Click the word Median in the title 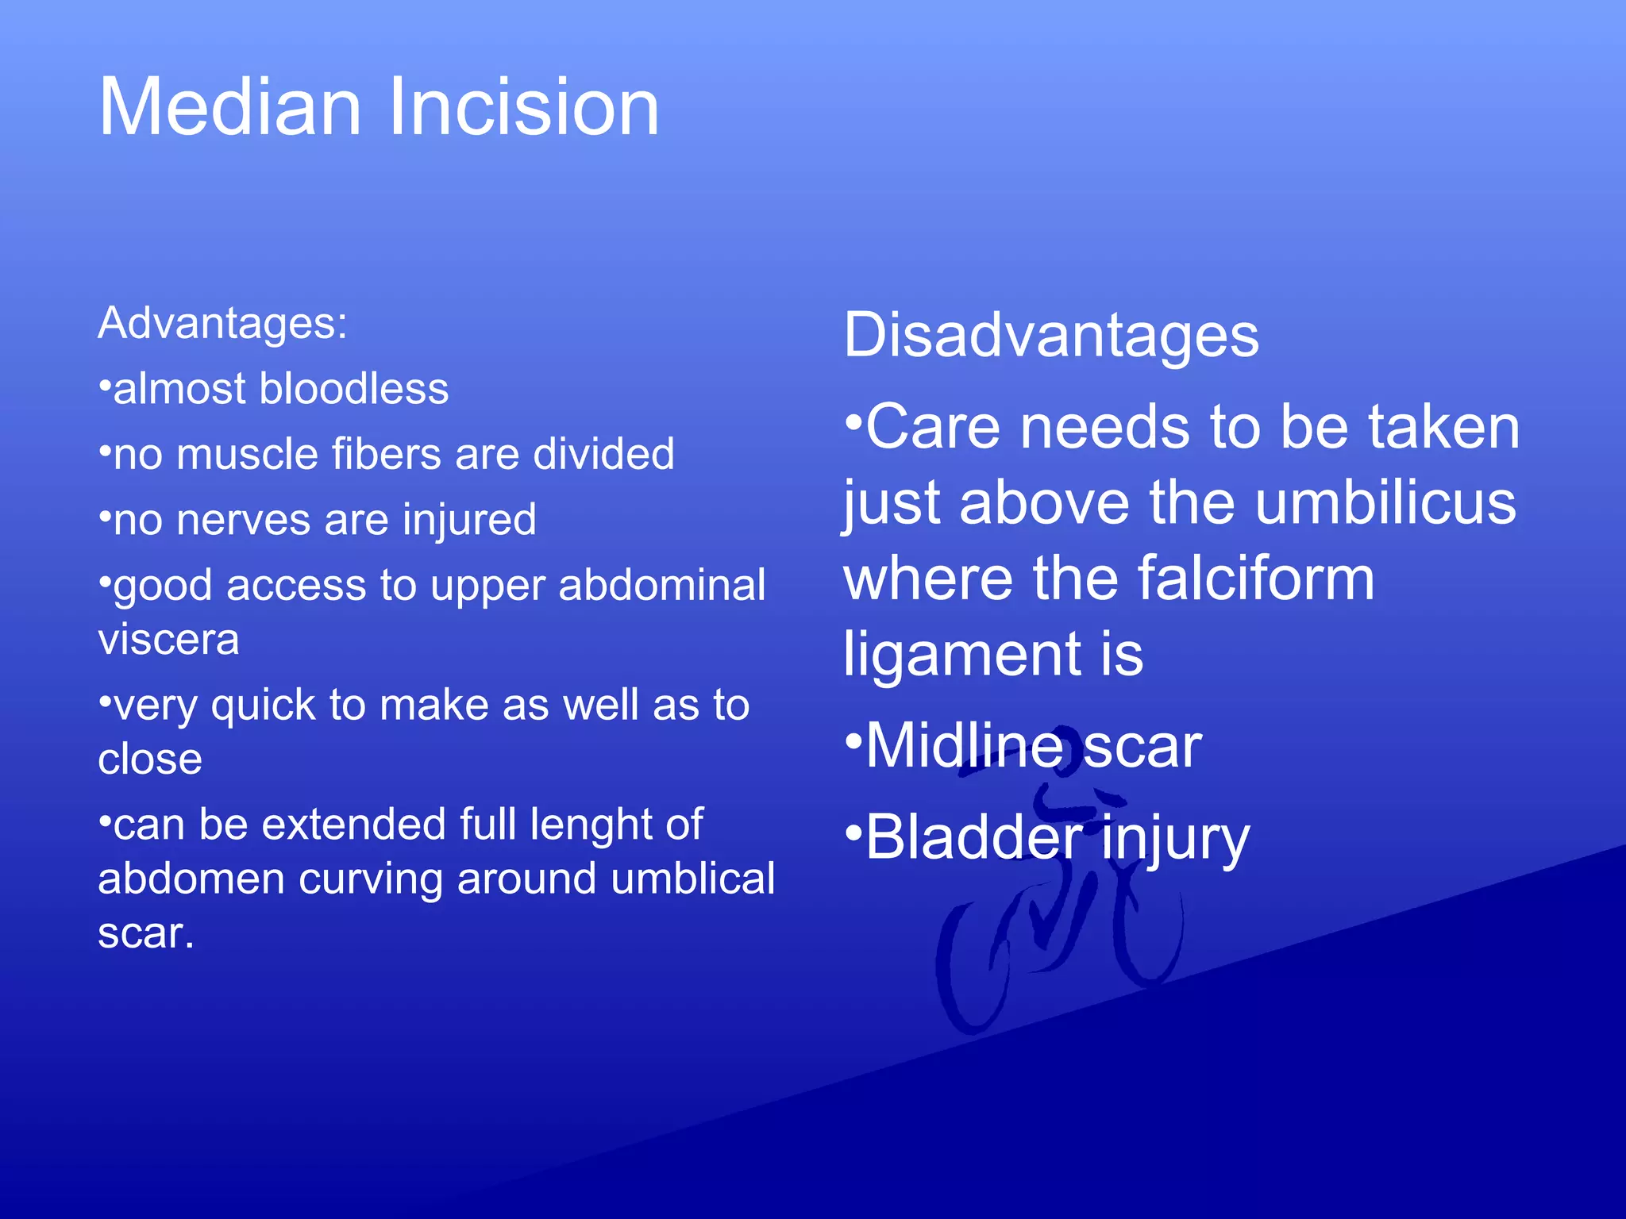point(230,107)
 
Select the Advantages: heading point(222,323)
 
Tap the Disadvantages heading point(1050,335)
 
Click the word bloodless point(354,389)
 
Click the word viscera point(168,640)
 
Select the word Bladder point(973,837)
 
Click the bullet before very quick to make point(104,701)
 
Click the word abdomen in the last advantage point(191,879)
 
